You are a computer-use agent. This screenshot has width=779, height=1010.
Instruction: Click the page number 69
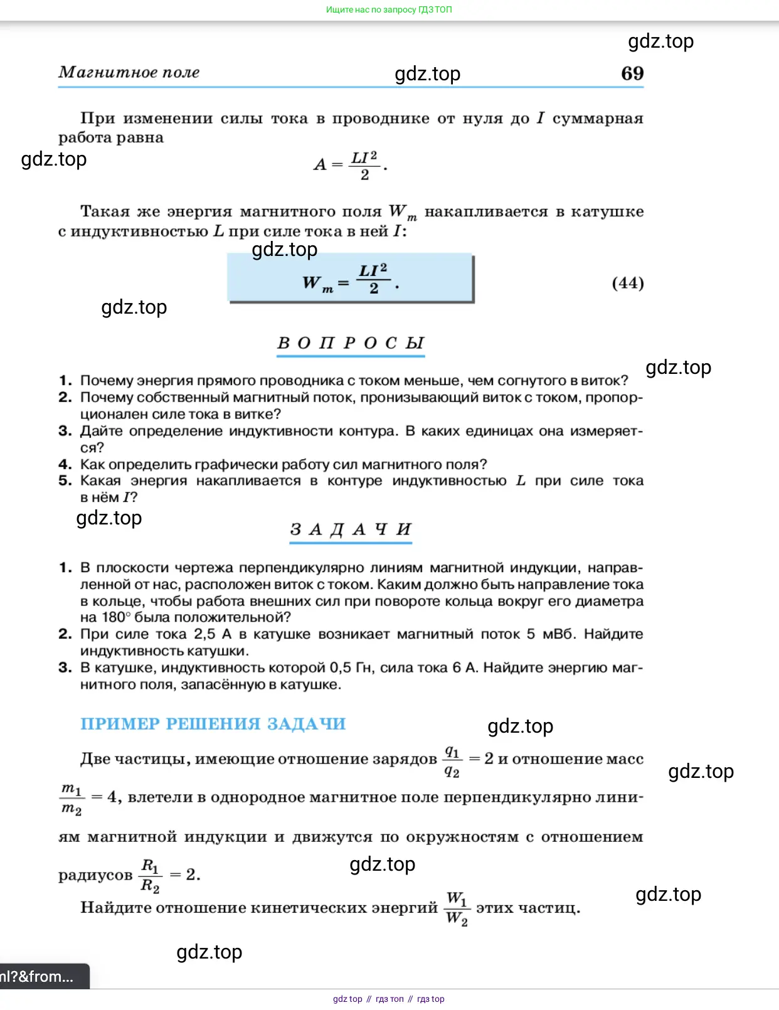coord(632,73)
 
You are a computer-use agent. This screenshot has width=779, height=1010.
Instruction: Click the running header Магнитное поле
coord(129,73)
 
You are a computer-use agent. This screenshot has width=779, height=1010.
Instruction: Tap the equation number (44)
coord(628,283)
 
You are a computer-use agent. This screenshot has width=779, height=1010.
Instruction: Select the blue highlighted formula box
coord(350,278)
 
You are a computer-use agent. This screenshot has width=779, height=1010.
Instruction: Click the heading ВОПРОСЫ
coord(351,343)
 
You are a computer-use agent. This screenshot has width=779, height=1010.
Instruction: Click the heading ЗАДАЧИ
coord(351,529)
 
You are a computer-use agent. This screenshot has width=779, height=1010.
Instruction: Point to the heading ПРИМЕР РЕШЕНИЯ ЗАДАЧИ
coord(213,724)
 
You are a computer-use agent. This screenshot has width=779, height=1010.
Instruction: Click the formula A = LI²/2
coord(350,166)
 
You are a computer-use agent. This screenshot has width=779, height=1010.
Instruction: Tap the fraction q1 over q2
coord(452,761)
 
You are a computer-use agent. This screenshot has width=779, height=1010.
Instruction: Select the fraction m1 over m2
coord(72,799)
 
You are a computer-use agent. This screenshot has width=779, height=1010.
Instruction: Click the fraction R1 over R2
coord(151,875)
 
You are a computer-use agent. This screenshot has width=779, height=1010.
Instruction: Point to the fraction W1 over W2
coord(457,908)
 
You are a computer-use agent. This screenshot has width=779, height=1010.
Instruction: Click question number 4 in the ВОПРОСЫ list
coord(65,465)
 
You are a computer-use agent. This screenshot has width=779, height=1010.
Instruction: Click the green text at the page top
coord(389,9)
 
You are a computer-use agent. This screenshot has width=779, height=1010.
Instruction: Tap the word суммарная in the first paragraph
coord(598,119)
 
